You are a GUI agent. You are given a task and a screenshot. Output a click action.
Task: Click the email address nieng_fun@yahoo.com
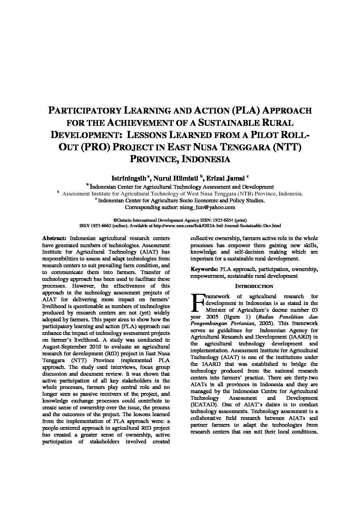point(207,207)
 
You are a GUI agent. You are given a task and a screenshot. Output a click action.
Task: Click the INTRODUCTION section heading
point(254,286)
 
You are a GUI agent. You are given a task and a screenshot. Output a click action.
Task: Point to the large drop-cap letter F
point(197,303)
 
